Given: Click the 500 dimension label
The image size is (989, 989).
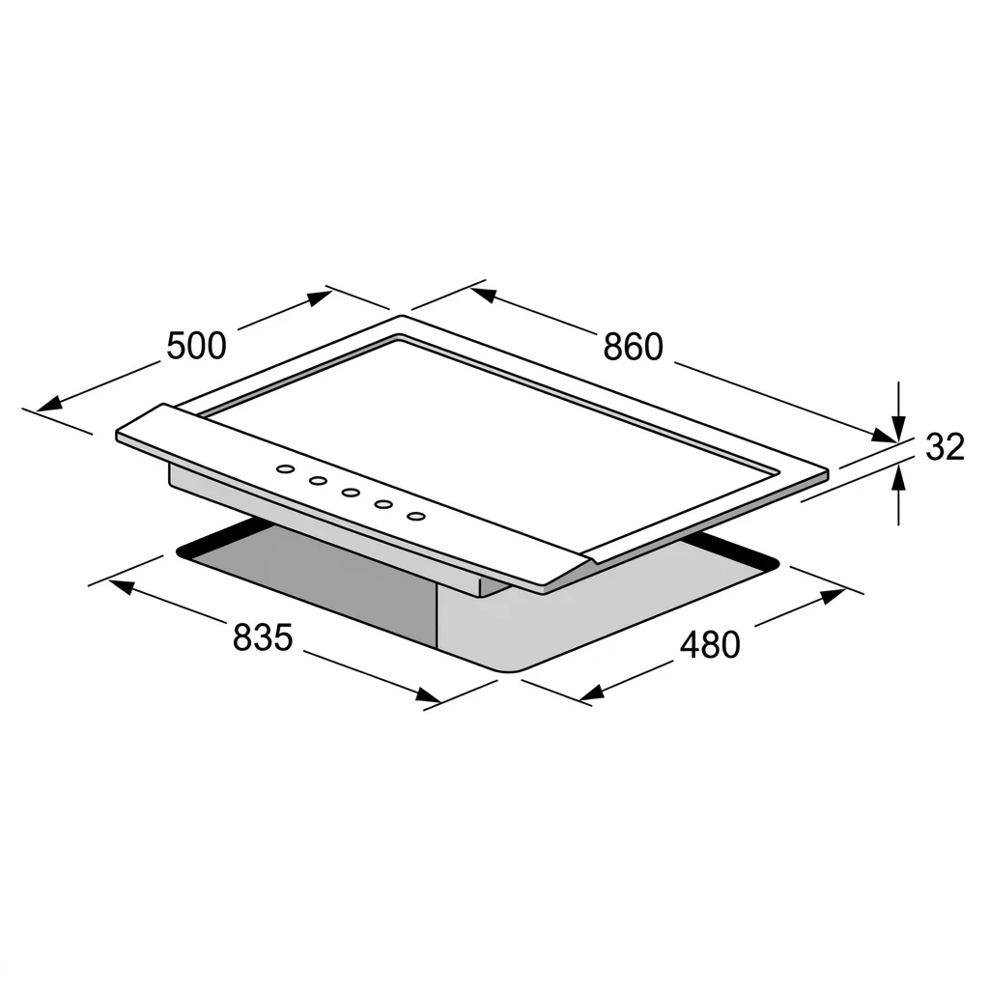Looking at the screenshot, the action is pyautogui.click(x=196, y=346).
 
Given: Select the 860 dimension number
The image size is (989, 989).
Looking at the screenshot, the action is pyautogui.click(x=634, y=347).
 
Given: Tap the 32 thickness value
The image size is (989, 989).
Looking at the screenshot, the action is pyautogui.click(x=945, y=446).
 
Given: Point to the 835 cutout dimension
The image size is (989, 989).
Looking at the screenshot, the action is pyautogui.click(x=263, y=637).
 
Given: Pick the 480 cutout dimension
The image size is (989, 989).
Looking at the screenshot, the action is pyautogui.click(x=710, y=644).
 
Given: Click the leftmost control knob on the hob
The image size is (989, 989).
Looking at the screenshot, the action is pyautogui.click(x=286, y=469).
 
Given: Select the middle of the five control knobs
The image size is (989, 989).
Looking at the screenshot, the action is pyautogui.click(x=351, y=493).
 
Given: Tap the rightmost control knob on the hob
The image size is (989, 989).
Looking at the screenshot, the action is pyautogui.click(x=415, y=516).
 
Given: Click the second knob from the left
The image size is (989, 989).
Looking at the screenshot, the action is pyautogui.click(x=318, y=481).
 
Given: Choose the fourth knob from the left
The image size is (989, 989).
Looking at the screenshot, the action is pyautogui.click(x=383, y=504).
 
